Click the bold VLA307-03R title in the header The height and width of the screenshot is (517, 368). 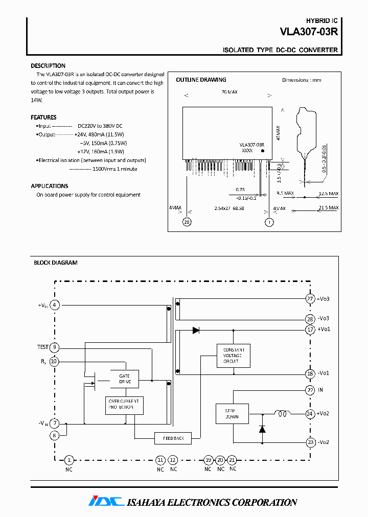(309, 31)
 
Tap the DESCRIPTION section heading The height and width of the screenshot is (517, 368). (48, 66)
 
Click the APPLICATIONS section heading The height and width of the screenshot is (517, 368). (50, 186)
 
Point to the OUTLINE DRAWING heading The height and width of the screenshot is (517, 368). (201, 80)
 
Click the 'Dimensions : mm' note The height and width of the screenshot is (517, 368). (302, 80)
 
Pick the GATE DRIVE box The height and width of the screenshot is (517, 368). (125, 379)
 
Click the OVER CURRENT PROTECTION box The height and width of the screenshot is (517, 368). (125, 405)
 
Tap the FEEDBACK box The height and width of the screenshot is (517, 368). (173, 438)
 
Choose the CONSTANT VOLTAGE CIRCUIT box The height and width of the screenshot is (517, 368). (233, 356)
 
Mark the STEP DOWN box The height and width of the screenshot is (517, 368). (232, 413)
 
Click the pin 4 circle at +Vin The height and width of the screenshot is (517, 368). (55, 305)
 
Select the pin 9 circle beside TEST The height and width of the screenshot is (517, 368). (55, 347)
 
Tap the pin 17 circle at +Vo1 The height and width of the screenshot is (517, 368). (310, 330)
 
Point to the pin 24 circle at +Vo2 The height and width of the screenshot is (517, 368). (310, 414)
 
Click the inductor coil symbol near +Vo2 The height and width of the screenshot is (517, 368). (282, 414)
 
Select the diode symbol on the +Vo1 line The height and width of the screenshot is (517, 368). (196, 331)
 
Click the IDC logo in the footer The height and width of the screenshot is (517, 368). (106, 502)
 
